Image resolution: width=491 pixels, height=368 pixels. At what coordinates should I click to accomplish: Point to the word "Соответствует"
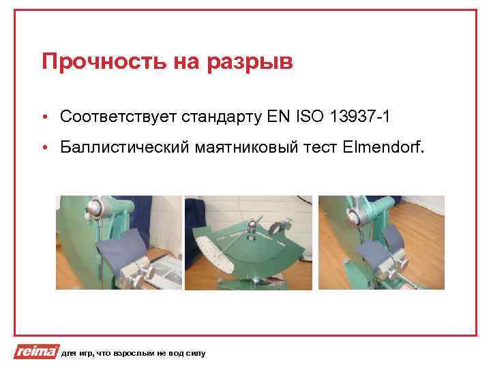(x=118, y=117)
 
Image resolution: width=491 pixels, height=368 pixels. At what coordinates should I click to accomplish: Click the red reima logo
(x=35, y=352)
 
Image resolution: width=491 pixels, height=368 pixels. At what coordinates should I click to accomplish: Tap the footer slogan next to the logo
(x=133, y=353)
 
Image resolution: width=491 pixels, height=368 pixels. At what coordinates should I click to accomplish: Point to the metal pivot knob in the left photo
(x=98, y=207)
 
